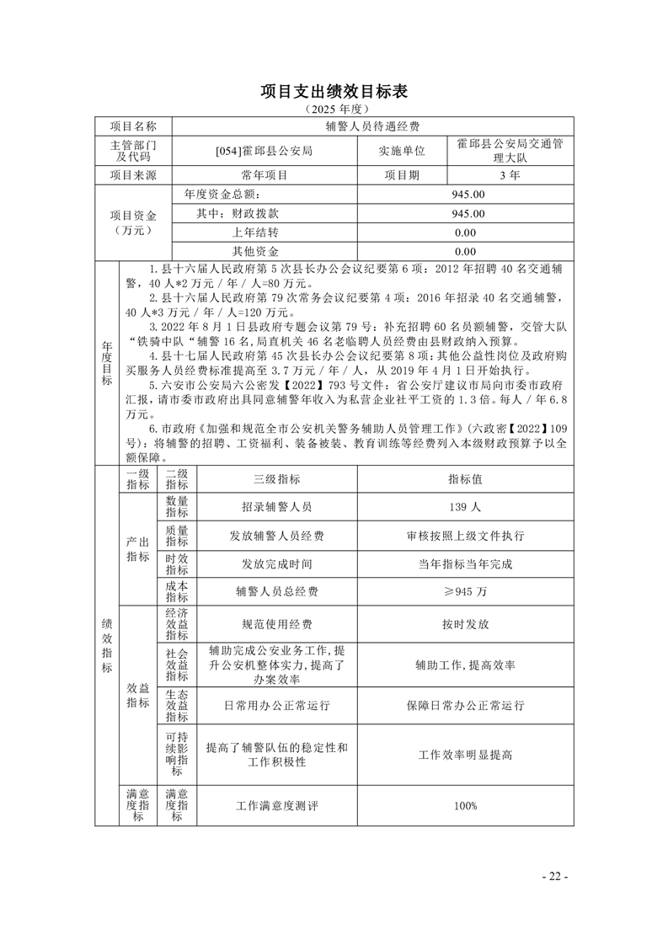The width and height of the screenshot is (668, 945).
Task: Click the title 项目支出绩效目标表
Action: (334, 91)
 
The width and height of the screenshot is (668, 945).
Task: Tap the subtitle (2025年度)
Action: (334, 109)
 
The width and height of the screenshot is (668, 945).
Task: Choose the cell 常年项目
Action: (265, 175)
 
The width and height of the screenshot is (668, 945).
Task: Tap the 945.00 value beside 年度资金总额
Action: (468, 195)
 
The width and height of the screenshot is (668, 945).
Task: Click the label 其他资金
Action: (255, 252)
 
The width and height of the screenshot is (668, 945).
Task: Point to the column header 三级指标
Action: (277, 478)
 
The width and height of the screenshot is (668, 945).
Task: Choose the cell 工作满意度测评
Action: (277, 806)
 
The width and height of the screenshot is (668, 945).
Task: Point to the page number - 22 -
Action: (555, 877)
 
